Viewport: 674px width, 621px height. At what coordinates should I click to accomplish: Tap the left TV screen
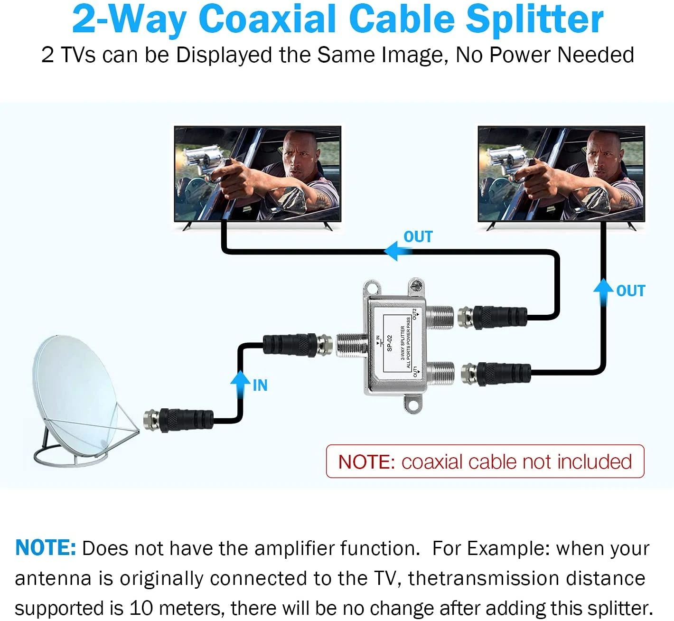pyautogui.click(x=257, y=173)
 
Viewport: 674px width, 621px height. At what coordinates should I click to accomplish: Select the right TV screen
pyautogui.click(x=561, y=173)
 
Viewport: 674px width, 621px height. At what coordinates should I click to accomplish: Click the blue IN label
pyautogui.click(x=260, y=385)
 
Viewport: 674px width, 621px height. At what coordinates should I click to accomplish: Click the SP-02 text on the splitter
pyautogui.click(x=389, y=343)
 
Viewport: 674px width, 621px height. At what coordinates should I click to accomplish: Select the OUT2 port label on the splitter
pyautogui.click(x=414, y=314)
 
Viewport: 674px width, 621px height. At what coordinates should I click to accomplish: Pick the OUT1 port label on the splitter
pyautogui.click(x=415, y=371)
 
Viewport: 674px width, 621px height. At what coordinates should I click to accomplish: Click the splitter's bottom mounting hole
pyautogui.click(x=412, y=405)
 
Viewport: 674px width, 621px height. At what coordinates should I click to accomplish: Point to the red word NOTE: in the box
pyautogui.click(x=366, y=461)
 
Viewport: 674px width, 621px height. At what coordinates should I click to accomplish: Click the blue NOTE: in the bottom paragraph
pyautogui.click(x=46, y=548)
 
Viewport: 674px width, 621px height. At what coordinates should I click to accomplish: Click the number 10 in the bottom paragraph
pyautogui.click(x=141, y=608)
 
